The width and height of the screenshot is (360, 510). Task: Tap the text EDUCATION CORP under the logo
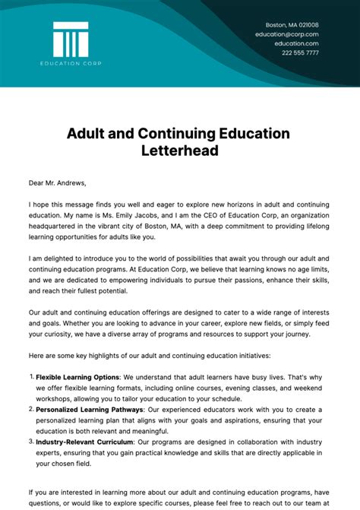click(71, 62)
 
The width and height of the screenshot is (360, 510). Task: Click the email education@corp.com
click(286, 34)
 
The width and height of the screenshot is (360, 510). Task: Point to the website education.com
click(296, 43)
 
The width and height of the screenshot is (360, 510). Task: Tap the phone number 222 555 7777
click(300, 52)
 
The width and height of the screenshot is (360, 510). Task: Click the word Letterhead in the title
click(179, 150)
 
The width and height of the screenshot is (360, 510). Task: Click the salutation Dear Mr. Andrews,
click(58, 182)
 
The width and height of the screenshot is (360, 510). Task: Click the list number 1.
click(31, 376)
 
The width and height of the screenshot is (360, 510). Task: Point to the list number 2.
click(31, 408)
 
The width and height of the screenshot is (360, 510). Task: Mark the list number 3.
click(31, 440)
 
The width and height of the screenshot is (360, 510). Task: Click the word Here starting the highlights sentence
click(37, 356)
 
